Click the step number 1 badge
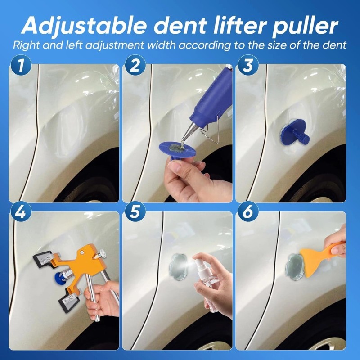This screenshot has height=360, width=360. click(x=20, y=65)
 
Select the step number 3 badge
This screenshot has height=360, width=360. click(x=248, y=65)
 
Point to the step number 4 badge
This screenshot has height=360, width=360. click(x=20, y=212)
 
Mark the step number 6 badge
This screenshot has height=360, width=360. click(x=248, y=212)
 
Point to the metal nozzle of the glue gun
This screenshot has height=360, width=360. click(x=188, y=132)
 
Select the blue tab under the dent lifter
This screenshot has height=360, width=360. click(x=61, y=278)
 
